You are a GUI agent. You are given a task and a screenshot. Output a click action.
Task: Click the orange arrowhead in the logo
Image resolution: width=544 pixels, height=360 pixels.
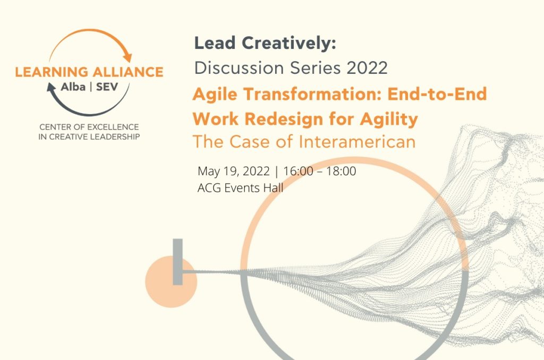(x=127, y=57)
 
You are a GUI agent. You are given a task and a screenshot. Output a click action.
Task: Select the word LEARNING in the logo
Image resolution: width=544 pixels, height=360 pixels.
(x=52, y=72)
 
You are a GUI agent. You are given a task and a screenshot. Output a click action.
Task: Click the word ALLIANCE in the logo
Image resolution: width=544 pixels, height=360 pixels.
(x=128, y=72)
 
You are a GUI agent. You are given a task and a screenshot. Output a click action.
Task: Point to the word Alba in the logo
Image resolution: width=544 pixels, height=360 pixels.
(x=73, y=87)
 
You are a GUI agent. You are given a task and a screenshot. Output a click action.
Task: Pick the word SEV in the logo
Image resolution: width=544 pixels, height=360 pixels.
(x=107, y=87)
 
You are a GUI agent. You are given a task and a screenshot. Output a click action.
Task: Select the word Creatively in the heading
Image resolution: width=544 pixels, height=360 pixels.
(x=288, y=44)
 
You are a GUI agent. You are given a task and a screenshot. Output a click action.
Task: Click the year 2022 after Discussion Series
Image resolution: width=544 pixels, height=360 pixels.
(x=367, y=68)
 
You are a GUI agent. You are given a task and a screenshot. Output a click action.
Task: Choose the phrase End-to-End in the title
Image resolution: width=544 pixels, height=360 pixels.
(x=437, y=94)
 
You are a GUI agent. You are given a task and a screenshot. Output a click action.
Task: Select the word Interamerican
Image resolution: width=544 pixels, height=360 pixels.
(x=357, y=142)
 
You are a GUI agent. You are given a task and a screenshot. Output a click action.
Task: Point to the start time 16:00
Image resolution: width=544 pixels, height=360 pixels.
(x=298, y=171)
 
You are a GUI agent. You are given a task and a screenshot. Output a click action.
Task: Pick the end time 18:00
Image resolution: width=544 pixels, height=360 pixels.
(x=341, y=171)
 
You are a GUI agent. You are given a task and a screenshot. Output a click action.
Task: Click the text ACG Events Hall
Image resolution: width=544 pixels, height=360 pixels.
(x=241, y=188)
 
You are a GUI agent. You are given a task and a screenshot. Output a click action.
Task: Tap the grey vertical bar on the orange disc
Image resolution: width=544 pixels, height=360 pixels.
(x=177, y=262)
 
